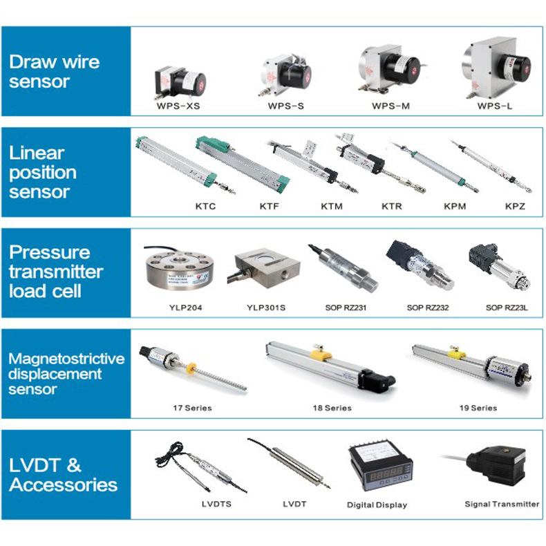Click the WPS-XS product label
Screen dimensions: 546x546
178,107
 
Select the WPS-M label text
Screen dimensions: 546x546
390,107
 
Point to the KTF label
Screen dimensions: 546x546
270,206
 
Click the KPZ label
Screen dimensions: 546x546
514,206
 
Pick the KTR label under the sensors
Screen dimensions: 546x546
392,206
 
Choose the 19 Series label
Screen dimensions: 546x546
478,408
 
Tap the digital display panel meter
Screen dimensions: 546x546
376,470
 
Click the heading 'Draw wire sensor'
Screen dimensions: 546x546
54,71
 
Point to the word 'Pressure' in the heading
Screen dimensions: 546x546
50,252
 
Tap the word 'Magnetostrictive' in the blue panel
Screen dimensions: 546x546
66,359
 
